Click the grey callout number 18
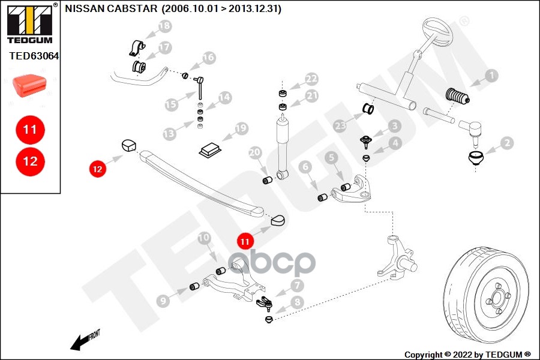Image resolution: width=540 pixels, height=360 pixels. pos(164,26)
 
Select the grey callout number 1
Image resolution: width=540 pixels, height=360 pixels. pos(492,76)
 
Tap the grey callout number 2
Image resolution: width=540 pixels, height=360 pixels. pos(507,143)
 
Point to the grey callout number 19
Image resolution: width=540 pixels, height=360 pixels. pos(241,128)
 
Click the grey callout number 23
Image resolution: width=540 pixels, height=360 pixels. pos(341,125)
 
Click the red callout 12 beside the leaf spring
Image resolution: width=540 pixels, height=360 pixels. pos(97,169)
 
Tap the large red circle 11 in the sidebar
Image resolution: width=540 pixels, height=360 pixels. pos(30,129)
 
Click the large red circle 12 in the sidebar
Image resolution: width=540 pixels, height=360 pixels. pos(30,161)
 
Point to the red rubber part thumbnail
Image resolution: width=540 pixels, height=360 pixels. pos(30,86)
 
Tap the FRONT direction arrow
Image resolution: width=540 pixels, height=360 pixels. pos(82,341)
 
